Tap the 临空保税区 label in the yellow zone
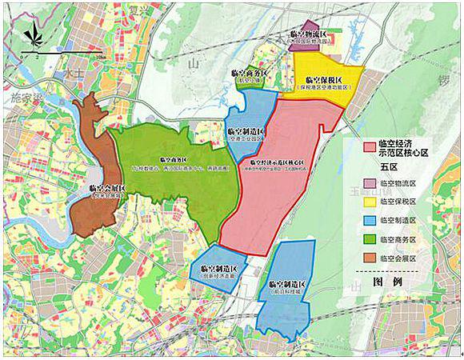(x=324, y=80)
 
